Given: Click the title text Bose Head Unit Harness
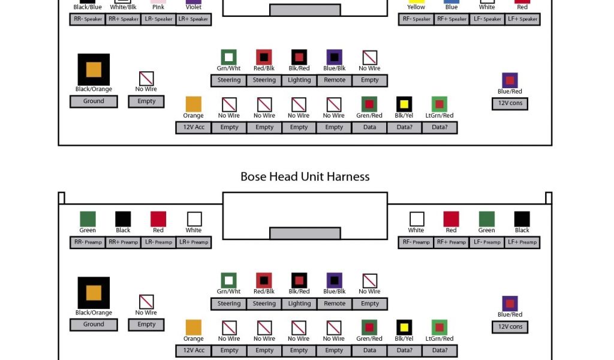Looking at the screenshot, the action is pos(305,176).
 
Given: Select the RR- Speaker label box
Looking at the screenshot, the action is pos(88,19).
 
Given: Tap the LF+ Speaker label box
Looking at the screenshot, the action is pos(522,19).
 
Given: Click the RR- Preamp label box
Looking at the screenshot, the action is pos(88,242).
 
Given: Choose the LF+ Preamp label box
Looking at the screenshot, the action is pos(522,242).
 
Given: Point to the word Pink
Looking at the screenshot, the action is pos(158,7).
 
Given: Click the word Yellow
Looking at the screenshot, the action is pos(416,7).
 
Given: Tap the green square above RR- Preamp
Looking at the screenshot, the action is pos(88,219).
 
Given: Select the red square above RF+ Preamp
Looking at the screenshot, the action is pos(451,219).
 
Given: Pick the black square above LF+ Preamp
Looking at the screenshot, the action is pos(522,219).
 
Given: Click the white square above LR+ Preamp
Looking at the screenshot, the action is pos(194,219).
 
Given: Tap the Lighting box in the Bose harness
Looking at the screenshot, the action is pos(299,304).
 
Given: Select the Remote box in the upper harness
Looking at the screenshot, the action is pos(335,80).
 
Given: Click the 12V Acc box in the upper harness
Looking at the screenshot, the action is pos(194,127).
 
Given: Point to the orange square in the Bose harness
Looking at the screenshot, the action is pos(194,327).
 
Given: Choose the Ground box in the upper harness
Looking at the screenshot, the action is pos(94,101).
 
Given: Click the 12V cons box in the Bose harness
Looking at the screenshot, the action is pos(510,327).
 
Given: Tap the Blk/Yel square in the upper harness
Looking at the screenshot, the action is pos(404,104).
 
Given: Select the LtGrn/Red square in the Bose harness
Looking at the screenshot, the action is pos(440,327).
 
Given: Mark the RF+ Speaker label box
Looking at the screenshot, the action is pos(452,19).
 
